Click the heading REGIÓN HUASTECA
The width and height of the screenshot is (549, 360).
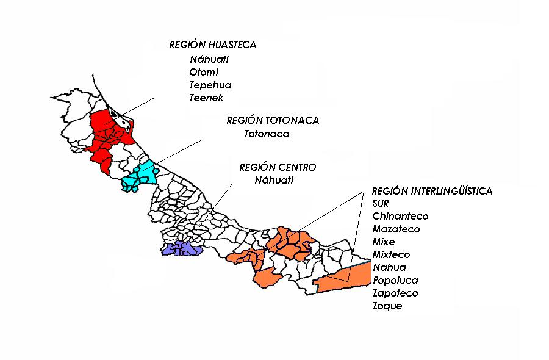point(212,45)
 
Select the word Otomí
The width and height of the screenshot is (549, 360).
point(204,72)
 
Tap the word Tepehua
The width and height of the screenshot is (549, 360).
point(210,85)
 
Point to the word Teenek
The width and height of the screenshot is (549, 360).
point(207,98)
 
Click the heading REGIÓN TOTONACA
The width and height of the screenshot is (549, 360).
point(273,120)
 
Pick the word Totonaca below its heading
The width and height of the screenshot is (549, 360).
point(267,134)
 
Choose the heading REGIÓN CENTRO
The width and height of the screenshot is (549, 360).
point(278,167)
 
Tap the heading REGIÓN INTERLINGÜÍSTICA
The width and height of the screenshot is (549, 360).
point(432,191)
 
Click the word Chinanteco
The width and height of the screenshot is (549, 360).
point(400,216)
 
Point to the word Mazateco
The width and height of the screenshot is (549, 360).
point(396,229)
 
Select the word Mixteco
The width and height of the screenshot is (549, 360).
point(391,254)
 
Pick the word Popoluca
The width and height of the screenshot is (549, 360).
point(395,280)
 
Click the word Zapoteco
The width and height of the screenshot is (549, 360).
point(395,293)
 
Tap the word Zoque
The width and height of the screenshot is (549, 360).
point(387,306)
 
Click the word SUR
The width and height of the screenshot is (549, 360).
point(380,203)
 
